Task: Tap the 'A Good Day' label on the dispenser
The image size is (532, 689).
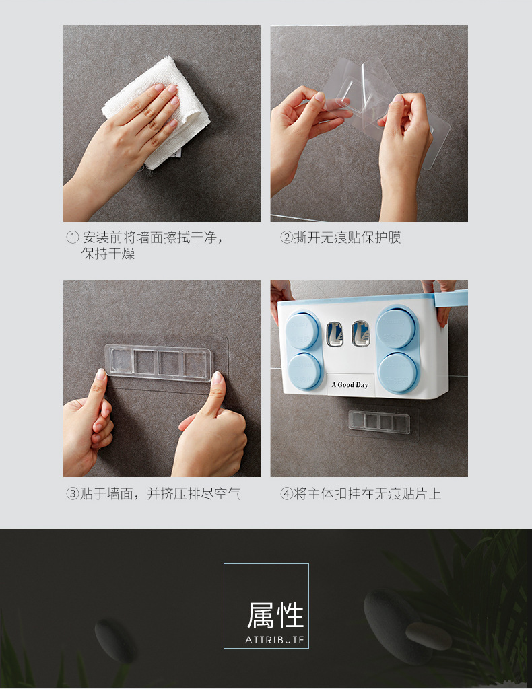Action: click(x=350, y=384)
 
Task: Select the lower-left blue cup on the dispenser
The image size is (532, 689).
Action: click(x=304, y=371)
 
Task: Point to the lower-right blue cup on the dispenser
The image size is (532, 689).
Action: click(x=399, y=373)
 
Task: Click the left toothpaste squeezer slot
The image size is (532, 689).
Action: click(x=334, y=334)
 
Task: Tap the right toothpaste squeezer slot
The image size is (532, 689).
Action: click(x=360, y=334)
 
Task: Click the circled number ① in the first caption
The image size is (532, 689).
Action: click(x=72, y=238)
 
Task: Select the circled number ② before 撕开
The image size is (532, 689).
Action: click(x=286, y=238)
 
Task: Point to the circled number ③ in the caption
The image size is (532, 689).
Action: click(x=72, y=493)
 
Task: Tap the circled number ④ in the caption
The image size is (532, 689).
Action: click(x=286, y=493)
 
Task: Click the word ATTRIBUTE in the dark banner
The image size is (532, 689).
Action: click(x=275, y=640)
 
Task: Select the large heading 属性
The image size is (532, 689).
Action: click(x=275, y=615)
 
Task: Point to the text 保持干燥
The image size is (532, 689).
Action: click(x=108, y=254)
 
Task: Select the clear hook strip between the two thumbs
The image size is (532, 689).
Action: click(x=158, y=363)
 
